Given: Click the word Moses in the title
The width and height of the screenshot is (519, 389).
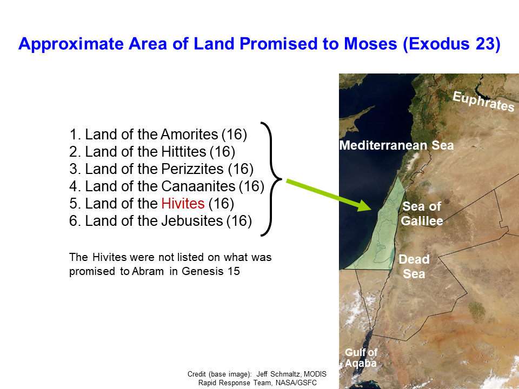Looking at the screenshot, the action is (370, 44).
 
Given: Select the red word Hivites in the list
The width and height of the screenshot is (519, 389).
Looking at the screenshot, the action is (183, 204).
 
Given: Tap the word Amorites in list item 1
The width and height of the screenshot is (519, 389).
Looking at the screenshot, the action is (190, 135).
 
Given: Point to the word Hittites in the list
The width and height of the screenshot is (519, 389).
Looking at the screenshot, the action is (184, 151).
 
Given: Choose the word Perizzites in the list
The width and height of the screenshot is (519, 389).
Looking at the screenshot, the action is (192, 169).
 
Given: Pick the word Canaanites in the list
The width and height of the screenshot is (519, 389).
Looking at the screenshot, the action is (198, 186).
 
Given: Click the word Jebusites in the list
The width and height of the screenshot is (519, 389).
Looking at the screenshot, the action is (192, 220).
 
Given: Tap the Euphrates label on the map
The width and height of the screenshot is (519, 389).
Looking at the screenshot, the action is (483, 101).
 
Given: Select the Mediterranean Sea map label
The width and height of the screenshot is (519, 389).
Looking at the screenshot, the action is (396, 145).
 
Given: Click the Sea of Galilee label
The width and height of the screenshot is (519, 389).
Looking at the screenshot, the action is (422, 213).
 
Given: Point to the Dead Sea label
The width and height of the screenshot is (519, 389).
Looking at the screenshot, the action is (414, 266).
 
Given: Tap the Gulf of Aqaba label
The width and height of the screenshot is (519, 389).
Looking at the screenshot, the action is (361, 358).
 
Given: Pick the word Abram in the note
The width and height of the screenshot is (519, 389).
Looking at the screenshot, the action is (148, 271).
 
